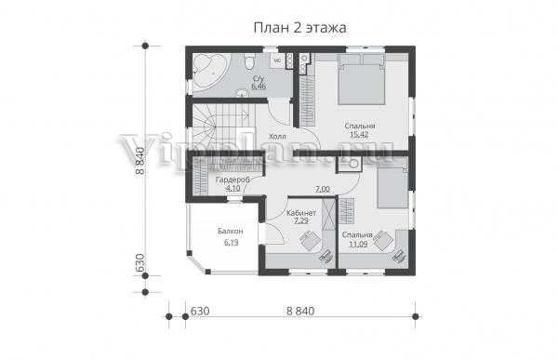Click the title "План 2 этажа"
tap(299, 27)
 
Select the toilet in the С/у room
tap(249, 61)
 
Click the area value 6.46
tap(259, 87)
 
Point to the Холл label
tap(277, 137)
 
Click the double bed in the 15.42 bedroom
tap(362, 79)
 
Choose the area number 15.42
tap(359, 134)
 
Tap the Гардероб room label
tap(232, 180)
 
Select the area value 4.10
tap(233, 188)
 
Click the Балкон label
tap(231, 231)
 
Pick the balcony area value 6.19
tap(231, 243)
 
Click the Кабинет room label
tap(301, 213)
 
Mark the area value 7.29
tap(301, 220)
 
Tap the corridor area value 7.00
tap(323, 189)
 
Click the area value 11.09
tap(358, 244)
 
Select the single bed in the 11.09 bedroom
tap(392, 183)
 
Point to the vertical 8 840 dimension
tap(140, 161)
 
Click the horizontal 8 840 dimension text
tap(300, 311)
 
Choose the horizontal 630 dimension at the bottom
tap(200, 311)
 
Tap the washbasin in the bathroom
tap(244, 93)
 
